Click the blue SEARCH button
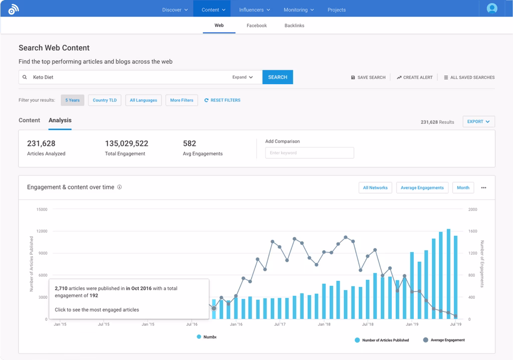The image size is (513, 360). point(278,77)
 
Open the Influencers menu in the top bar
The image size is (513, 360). point(254,10)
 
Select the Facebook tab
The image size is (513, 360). point(256,26)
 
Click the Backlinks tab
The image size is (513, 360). point(294,26)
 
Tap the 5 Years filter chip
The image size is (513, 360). point(73,100)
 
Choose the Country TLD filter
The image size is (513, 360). point(105,100)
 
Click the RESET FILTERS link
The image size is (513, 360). point(222,100)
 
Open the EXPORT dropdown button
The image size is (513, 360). point(479,121)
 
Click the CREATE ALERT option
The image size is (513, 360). point(415,78)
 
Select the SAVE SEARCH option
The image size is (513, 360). point(368,78)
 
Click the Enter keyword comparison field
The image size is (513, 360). point(309,153)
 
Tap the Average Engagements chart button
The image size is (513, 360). point(422,188)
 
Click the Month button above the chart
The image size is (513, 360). point(463,188)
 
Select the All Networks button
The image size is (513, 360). point(375,188)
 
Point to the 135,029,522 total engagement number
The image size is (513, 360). point(126,143)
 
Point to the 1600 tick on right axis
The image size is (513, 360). point(472,231)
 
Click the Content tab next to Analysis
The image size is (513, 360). point(29,120)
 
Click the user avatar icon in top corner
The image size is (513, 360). point(492,9)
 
